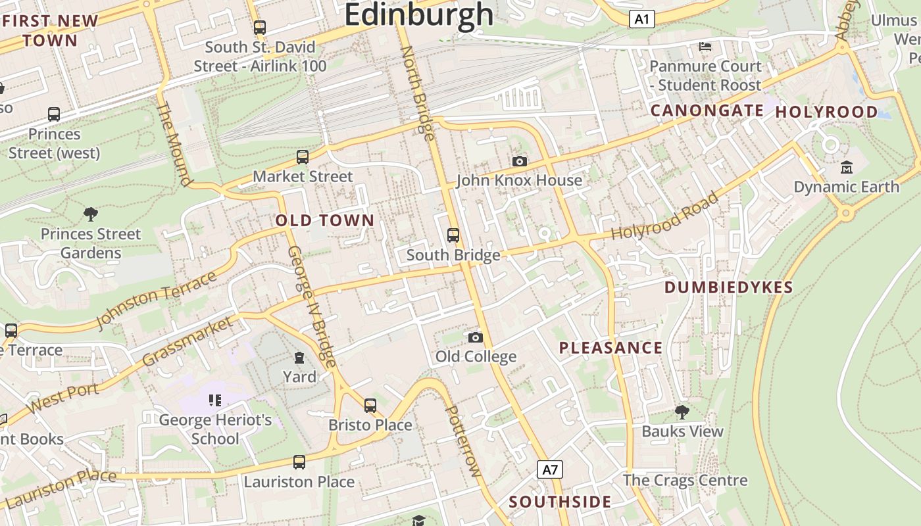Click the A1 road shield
pos(641,19)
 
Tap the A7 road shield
pos(550,469)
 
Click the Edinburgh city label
pos(418,14)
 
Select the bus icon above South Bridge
pos(453,235)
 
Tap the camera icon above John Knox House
pos(519,161)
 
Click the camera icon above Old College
pos(476,337)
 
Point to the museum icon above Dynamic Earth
pos(846,168)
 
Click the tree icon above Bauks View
pos(682,412)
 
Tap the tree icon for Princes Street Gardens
pos(91,214)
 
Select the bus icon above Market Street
pos(303,157)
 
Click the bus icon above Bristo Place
pos(370,406)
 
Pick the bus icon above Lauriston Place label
pos(299,462)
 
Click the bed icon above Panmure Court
pos(705,47)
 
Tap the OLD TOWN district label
pos(325,220)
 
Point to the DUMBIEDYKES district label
pos(728,287)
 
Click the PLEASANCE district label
pos(610,348)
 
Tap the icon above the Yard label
pos(299,358)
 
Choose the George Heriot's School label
pos(215,429)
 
